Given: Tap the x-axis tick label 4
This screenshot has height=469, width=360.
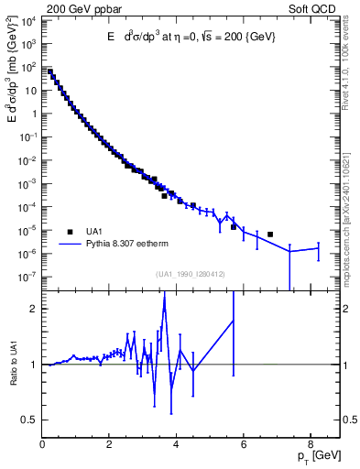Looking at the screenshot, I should pyautogui.click(x=178, y=444).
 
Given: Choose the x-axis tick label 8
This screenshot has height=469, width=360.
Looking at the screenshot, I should pyautogui.click(x=311, y=444).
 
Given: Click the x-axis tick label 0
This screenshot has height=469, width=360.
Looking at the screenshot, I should pyautogui.click(x=43, y=444).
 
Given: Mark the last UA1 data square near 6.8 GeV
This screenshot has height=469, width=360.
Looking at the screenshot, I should pyautogui.click(x=270, y=234).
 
